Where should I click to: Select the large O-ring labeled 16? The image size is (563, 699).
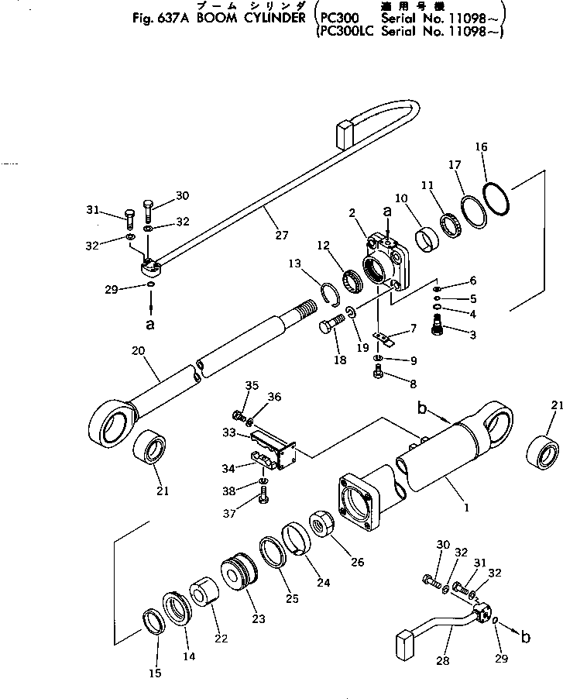(495, 198)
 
